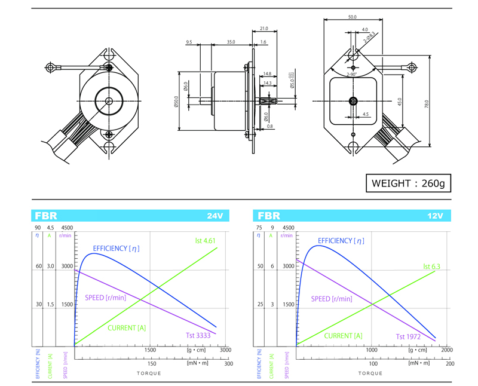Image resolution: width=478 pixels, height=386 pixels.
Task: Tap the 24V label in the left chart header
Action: point(216,216)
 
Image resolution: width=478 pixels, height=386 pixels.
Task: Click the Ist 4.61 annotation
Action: point(204,241)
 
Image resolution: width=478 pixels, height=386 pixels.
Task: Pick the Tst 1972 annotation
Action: point(407,337)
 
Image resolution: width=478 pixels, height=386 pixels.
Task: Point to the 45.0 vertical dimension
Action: point(400,102)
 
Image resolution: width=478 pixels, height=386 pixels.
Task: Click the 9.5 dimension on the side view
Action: point(189,42)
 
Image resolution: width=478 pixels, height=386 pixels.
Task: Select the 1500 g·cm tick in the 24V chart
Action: point(150,351)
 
